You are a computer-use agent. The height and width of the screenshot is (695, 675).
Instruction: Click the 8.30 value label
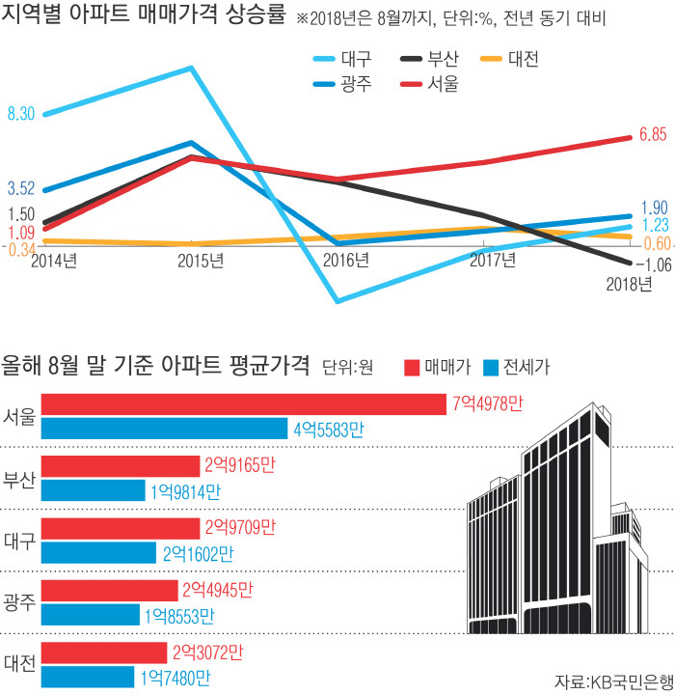click(x=21, y=114)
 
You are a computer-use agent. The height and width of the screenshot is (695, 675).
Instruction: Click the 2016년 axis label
click(x=346, y=260)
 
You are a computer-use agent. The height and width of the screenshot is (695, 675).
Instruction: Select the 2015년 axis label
click(x=202, y=260)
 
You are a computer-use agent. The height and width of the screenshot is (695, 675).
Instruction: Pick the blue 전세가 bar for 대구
click(x=99, y=553)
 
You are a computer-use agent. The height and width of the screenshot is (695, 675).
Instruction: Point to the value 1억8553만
click(x=179, y=615)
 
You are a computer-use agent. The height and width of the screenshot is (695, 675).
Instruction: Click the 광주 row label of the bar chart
click(x=19, y=602)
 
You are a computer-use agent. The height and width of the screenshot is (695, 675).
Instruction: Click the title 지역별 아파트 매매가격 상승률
click(x=145, y=18)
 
